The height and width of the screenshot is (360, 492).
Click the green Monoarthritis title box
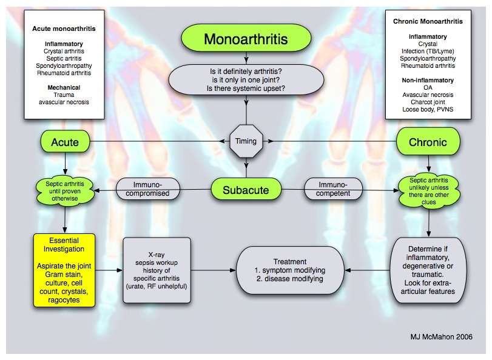246,39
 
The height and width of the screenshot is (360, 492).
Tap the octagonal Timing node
246,141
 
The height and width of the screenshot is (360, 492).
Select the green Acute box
65,142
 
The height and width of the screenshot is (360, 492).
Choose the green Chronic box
428,142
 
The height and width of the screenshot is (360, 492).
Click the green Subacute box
246,190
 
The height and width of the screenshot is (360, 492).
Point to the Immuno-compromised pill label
147,189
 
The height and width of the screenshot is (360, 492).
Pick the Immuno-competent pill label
333,189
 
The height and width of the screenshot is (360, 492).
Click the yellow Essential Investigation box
64,270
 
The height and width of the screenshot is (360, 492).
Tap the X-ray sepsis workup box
157,270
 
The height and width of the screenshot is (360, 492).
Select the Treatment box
289,270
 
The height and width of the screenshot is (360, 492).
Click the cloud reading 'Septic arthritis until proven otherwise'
65,192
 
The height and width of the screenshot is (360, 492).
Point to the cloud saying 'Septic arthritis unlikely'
429,191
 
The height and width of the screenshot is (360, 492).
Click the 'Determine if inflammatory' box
428,270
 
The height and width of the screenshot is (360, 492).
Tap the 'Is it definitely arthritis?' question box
246,80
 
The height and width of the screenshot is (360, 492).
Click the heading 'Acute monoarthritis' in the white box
64,28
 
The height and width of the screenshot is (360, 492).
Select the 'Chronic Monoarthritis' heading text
428,21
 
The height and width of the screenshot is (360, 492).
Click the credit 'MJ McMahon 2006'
441,337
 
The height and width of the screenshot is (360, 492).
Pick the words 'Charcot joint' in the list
428,102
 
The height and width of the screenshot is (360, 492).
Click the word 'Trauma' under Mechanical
64,95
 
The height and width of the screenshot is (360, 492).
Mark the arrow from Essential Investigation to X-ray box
109,270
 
